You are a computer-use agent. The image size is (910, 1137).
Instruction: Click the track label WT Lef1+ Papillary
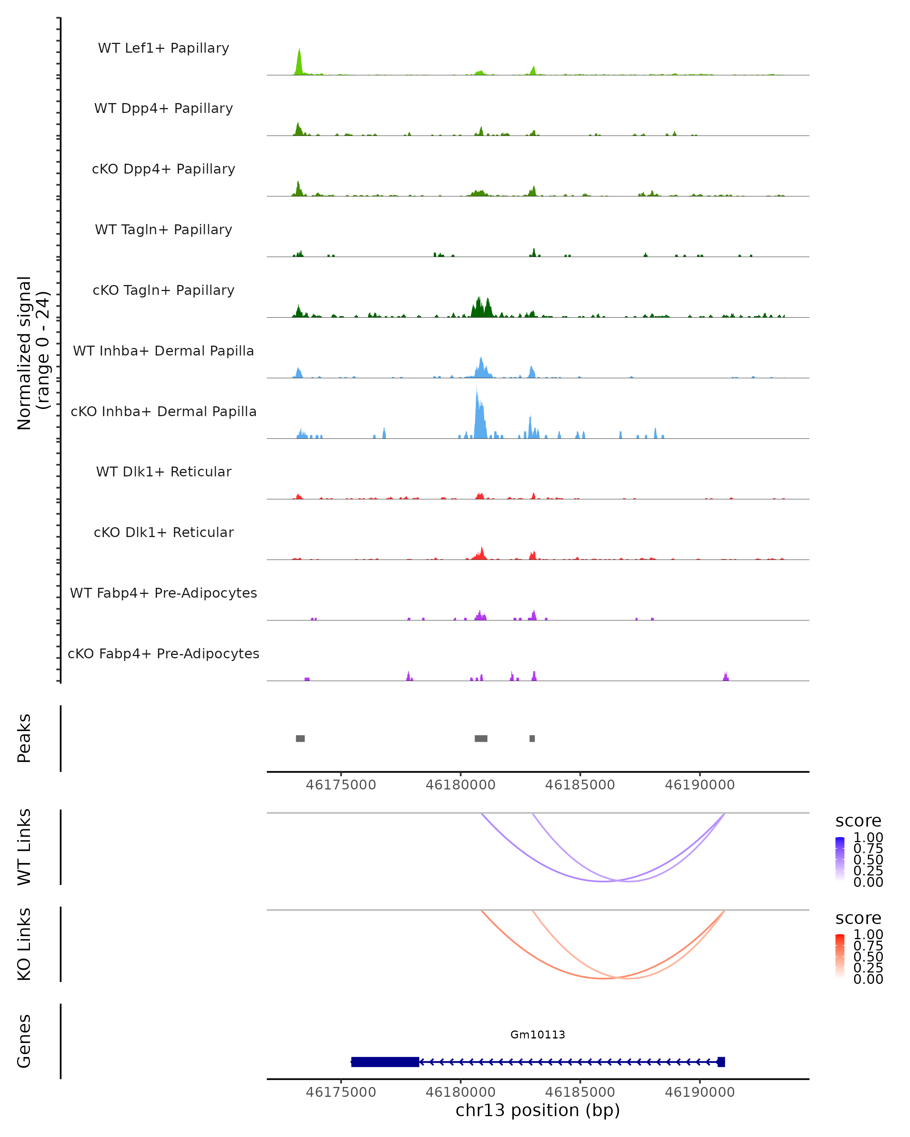pyautogui.click(x=163, y=48)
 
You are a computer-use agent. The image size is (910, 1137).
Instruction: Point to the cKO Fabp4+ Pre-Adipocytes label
pyautogui.click(x=163, y=653)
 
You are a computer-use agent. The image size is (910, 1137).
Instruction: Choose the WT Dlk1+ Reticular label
pyautogui.click(x=163, y=471)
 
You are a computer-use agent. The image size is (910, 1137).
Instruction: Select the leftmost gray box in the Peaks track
pyautogui.click(x=300, y=738)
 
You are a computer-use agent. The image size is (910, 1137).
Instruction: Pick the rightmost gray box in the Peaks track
pyautogui.click(x=532, y=738)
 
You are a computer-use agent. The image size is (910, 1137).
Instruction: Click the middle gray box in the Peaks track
pyautogui.click(x=481, y=738)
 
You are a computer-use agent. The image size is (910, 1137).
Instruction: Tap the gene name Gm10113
pyautogui.click(x=538, y=1035)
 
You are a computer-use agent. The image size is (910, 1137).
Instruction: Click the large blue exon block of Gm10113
pyautogui.click(x=385, y=1062)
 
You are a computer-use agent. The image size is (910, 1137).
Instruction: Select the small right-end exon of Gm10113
pyautogui.click(x=721, y=1062)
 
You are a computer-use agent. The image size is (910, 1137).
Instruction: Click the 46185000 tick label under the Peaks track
pyautogui.click(x=580, y=785)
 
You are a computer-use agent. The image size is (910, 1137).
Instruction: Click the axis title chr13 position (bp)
pyautogui.click(x=538, y=1110)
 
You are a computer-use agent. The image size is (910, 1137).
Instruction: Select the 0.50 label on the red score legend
pyautogui.click(x=868, y=957)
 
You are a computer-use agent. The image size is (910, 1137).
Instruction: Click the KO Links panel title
pyautogui.click(x=24, y=944)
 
